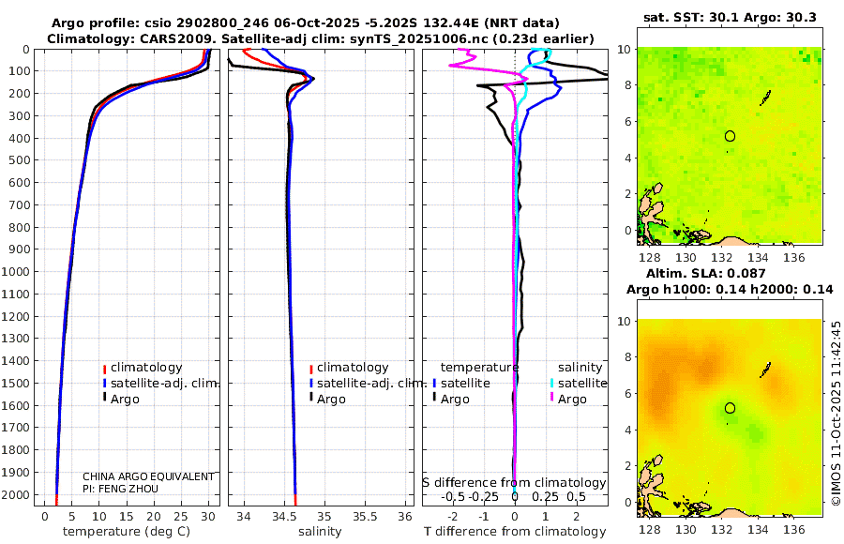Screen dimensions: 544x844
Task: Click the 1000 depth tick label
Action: pyautogui.click(x=19, y=272)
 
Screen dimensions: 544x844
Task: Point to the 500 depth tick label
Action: pyautogui.click(x=22, y=160)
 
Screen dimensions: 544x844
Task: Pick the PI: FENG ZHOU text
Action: pyautogui.click(x=121, y=489)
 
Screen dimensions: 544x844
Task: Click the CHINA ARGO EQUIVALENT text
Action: pyautogui.click(x=148, y=476)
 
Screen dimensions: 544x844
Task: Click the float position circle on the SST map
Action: pyautogui.click(x=730, y=136)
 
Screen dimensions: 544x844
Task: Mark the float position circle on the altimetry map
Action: pyautogui.click(x=730, y=408)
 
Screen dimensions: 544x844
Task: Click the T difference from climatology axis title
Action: pyautogui.click(x=514, y=532)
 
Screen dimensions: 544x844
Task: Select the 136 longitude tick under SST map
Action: pyautogui.click(x=793, y=256)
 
